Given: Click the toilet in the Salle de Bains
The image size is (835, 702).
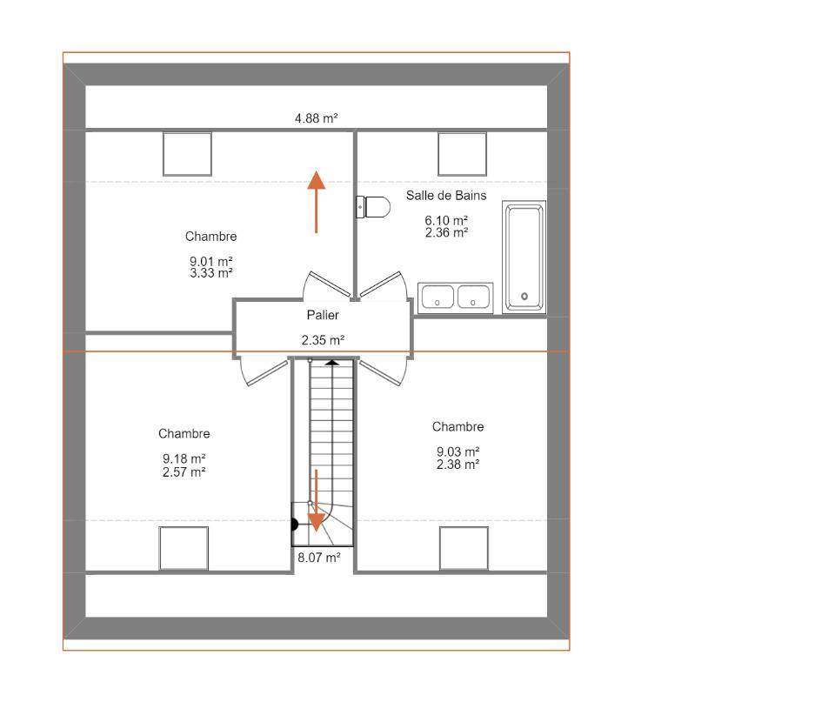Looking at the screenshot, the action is coord(373,207).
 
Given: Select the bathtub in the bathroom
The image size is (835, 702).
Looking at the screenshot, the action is coord(524,257).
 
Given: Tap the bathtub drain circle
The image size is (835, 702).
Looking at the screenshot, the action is coord(524,296).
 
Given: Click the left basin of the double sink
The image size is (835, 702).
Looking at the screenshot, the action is coord(438,298).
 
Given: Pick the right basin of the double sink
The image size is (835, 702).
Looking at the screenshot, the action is coord(473,298).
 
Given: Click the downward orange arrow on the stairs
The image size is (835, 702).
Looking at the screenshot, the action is coord(317,501).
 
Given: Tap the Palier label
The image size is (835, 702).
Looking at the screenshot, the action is coord(323,315).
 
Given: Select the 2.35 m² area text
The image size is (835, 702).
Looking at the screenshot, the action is coord(323,340).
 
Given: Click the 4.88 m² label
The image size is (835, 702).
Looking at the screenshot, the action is coord(317,117).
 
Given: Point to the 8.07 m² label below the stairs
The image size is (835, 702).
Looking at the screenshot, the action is coord(319,557).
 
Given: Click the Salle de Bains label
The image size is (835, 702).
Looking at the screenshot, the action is coord(446,196).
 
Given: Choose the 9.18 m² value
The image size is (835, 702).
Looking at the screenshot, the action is coord(184,458).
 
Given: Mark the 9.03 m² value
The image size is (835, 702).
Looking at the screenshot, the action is coord(458,451).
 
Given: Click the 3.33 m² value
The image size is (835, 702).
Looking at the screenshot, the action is coord(211,273).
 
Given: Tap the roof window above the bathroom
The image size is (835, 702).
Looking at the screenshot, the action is coord(462,154).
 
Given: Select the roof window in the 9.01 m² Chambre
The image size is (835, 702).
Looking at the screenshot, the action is coord(188,154).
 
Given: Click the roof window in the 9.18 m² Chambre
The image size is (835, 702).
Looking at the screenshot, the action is coord(184,549).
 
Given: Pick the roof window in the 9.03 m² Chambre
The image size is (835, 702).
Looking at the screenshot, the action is coord(464,549).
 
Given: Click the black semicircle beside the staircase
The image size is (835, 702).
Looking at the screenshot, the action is coord(295,525).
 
